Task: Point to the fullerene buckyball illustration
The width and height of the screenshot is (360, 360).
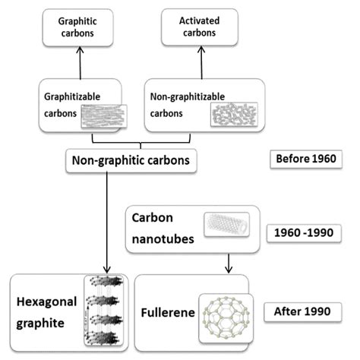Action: click(x=225, y=315)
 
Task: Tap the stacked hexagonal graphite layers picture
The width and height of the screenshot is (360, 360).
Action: click(x=106, y=311)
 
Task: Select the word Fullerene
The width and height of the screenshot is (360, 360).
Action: click(x=164, y=312)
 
